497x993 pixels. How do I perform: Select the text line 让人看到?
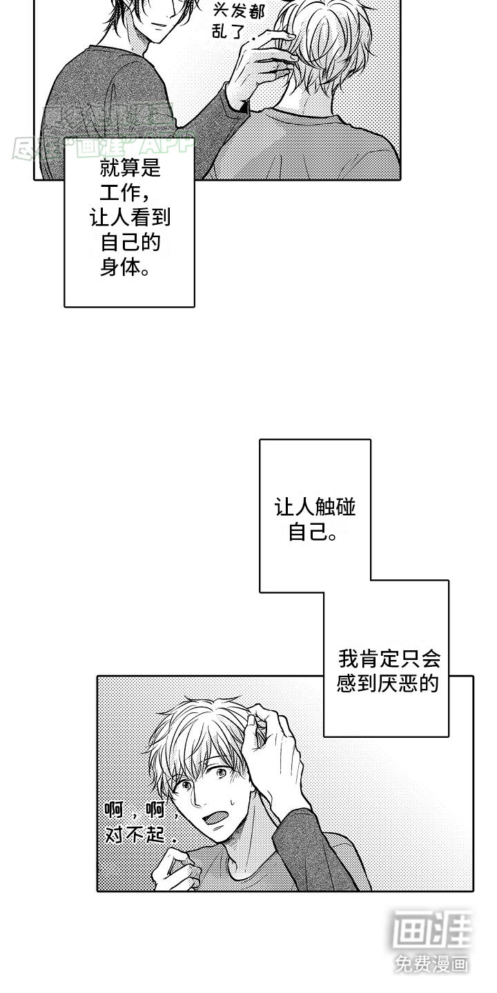[130, 218]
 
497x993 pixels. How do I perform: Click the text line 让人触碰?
[315, 508]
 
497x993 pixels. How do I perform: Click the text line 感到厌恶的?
[388, 683]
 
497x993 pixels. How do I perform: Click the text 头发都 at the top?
[238, 11]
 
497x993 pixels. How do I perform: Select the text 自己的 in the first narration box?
[130, 242]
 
